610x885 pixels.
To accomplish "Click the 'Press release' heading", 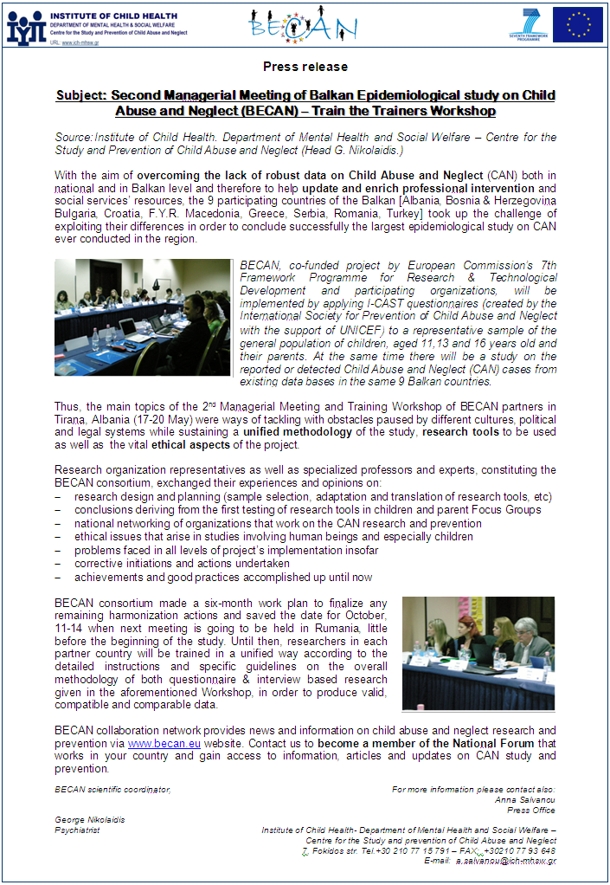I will (x=305, y=67).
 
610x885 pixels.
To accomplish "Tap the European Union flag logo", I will (x=578, y=24).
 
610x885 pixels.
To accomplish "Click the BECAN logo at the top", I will (x=302, y=25).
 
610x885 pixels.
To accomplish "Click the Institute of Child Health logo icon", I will (x=26, y=27).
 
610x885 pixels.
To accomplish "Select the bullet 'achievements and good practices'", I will (x=222, y=578).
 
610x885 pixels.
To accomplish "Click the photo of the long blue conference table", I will (x=142, y=317).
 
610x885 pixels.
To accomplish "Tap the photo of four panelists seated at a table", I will (x=478, y=653).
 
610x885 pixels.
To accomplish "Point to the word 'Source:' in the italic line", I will (x=74, y=137).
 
